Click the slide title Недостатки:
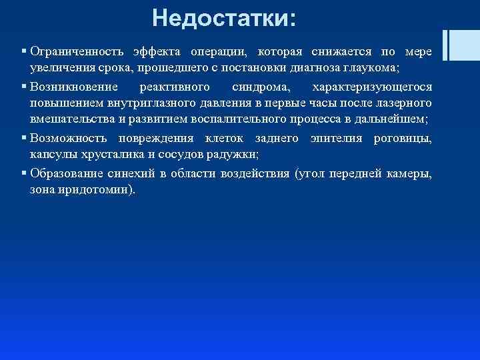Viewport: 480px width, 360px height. click(x=223, y=17)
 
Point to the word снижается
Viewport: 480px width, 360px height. click(x=339, y=52)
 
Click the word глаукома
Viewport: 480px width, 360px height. click(x=369, y=69)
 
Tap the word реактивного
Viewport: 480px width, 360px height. click(x=175, y=87)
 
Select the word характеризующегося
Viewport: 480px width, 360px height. click(x=372, y=87)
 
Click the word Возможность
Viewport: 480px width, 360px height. click(x=69, y=138)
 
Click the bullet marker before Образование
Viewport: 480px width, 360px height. click(x=23, y=173)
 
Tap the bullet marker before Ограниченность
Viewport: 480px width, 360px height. click(x=23, y=52)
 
